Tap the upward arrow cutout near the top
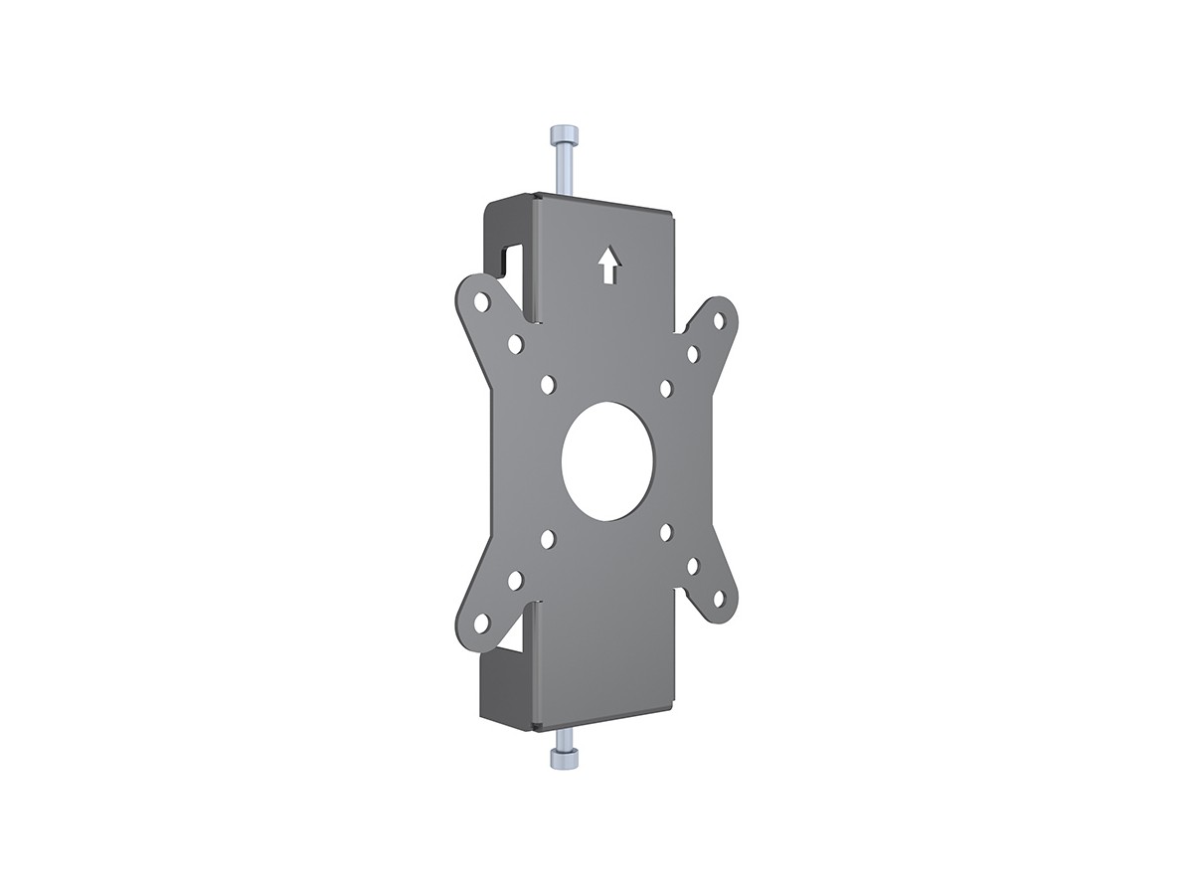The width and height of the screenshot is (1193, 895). point(608,265)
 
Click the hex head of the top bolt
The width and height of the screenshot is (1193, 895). point(561,135)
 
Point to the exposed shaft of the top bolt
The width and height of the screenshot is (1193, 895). point(563,170)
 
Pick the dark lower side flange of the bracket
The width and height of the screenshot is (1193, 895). point(504,686)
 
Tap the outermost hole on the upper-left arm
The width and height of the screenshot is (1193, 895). point(481,299)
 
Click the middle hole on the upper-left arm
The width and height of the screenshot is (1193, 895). point(515,344)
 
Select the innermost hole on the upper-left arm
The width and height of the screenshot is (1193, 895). point(548,384)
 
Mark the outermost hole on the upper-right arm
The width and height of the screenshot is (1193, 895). point(719,320)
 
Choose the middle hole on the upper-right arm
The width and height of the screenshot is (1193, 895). point(693,354)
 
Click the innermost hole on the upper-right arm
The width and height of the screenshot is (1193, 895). point(666,388)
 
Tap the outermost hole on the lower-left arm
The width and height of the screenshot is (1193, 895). point(481,624)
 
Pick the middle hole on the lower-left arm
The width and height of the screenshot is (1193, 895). point(515,580)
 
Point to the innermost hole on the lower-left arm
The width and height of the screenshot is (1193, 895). point(548,539)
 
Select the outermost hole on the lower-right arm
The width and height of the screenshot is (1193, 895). point(719,599)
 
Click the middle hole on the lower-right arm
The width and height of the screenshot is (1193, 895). point(693,566)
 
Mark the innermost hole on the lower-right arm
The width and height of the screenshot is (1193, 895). point(666,532)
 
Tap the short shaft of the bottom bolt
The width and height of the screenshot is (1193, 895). point(563,739)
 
